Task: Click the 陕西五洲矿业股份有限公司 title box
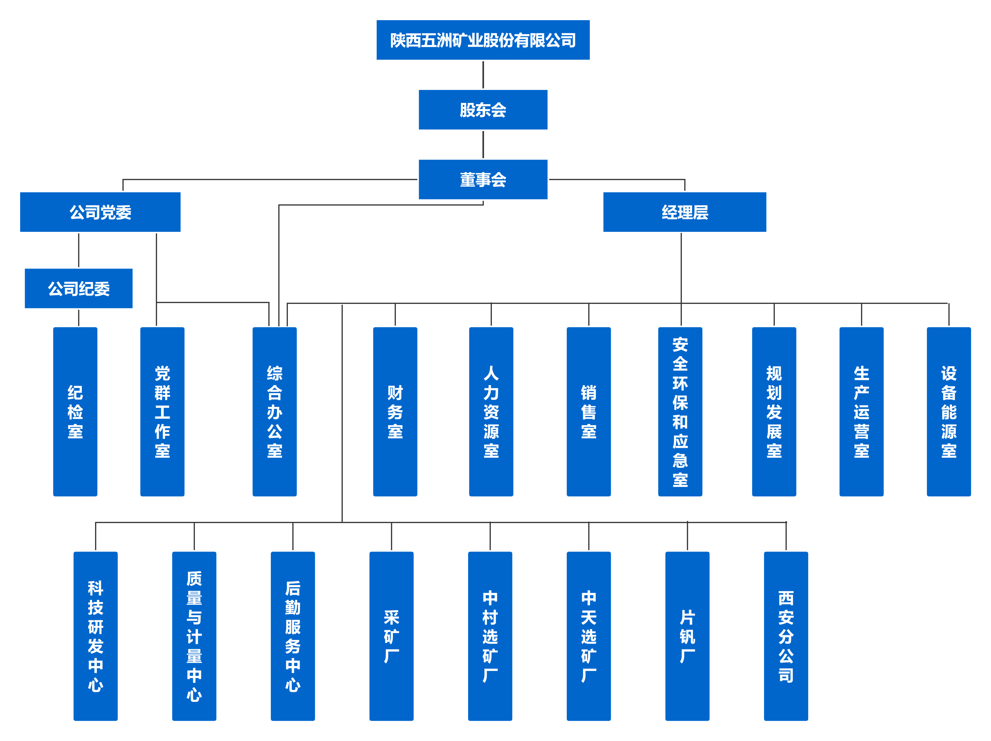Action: coord(483,40)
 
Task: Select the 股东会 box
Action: coord(483,110)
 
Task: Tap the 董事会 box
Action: coord(483,179)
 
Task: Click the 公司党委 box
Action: coord(100,212)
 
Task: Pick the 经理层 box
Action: coord(685,212)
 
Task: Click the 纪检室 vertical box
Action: coord(75,411)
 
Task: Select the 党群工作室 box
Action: coord(162,411)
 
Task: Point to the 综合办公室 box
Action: coord(275,411)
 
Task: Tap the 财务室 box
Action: coord(395,411)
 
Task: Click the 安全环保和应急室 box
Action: coord(680,411)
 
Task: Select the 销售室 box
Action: coord(589,411)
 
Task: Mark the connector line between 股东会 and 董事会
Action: coord(483,144)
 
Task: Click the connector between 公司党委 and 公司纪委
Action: coord(79,250)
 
